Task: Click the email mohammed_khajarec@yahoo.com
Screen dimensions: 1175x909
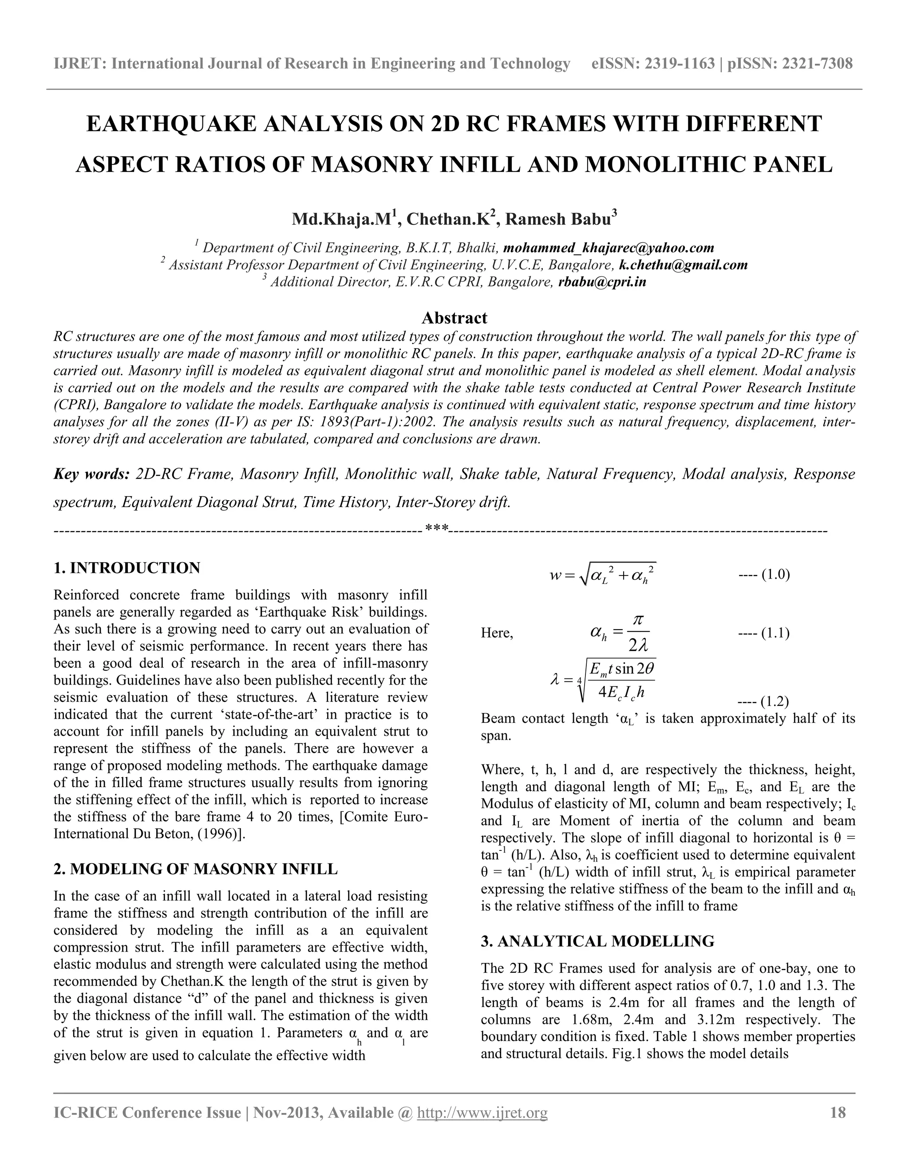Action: [608, 248]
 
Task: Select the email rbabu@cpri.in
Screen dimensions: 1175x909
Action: [602, 282]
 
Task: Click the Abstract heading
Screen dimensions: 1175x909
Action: [454, 318]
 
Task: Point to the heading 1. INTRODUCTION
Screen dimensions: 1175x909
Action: [127, 568]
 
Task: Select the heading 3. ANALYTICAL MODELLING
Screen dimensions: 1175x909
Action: [597, 941]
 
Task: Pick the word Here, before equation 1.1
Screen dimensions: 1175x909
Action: [497, 633]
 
